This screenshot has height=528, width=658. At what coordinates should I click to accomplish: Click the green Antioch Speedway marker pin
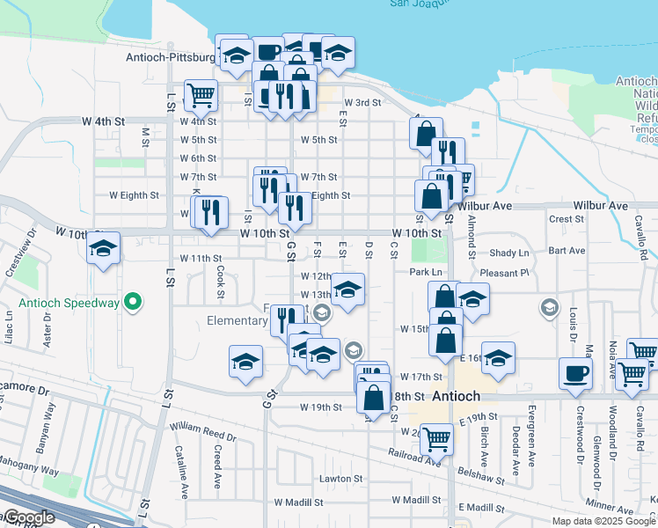tap(133, 303)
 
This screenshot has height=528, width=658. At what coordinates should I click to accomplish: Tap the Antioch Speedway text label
tap(67, 304)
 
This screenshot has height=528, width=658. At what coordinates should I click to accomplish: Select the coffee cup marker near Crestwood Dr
tap(575, 374)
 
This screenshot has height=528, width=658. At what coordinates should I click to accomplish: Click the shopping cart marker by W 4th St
tap(201, 95)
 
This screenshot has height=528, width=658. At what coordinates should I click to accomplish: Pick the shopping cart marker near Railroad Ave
tap(436, 437)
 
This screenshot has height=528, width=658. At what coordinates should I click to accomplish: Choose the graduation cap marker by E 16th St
tap(498, 357)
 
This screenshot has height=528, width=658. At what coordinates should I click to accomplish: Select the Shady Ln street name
tap(509, 253)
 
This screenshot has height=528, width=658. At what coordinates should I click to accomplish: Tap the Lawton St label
tap(335, 479)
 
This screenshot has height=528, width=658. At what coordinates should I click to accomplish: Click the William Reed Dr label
tap(203, 431)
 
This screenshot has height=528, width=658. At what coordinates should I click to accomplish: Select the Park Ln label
tap(425, 273)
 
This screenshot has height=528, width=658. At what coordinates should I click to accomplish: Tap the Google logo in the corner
tap(29, 518)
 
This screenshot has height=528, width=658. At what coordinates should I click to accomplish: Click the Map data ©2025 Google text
tap(603, 521)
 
